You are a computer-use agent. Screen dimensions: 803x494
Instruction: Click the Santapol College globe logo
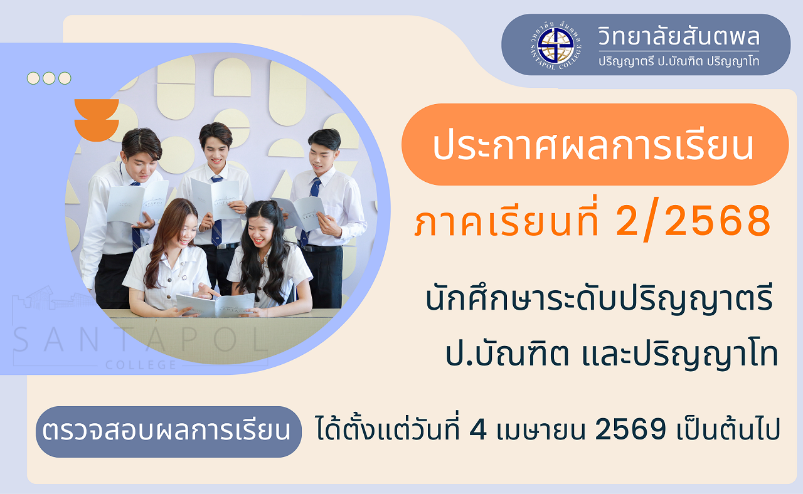point(556,45)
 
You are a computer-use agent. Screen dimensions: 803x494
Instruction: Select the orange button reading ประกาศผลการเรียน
point(595,144)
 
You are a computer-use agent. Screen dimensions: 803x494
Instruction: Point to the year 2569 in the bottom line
point(630,429)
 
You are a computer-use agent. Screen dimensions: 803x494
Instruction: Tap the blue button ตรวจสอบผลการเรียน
point(169,431)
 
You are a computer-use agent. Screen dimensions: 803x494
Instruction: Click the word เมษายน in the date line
point(541,430)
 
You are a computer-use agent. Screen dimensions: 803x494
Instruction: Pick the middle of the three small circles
point(49,78)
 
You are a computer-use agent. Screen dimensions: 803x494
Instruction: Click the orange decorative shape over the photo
point(97,120)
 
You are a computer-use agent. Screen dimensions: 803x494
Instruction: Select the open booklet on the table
point(216,305)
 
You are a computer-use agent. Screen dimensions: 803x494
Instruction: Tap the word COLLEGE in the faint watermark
point(141,365)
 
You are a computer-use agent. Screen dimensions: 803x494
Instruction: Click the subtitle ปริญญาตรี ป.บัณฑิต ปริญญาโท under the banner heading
point(679,61)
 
